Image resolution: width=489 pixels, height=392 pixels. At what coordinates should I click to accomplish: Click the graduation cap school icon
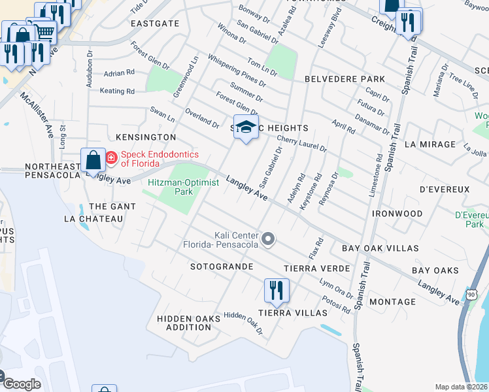click(246, 127)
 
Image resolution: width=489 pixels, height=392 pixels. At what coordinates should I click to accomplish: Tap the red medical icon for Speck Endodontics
click(110, 157)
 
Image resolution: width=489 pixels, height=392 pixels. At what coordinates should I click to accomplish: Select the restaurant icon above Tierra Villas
click(277, 289)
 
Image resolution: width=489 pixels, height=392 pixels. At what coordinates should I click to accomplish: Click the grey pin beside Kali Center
click(267, 240)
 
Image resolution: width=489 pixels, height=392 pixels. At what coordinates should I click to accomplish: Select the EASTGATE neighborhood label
click(155, 23)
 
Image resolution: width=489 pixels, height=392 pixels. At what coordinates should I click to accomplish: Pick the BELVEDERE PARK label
click(345, 79)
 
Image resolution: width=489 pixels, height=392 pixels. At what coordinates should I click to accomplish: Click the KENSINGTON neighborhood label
click(146, 137)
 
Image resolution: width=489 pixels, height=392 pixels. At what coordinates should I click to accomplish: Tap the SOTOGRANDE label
click(222, 267)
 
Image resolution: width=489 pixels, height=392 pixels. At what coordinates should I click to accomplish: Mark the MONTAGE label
click(392, 302)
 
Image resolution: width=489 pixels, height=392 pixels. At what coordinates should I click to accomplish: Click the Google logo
click(22, 384)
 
